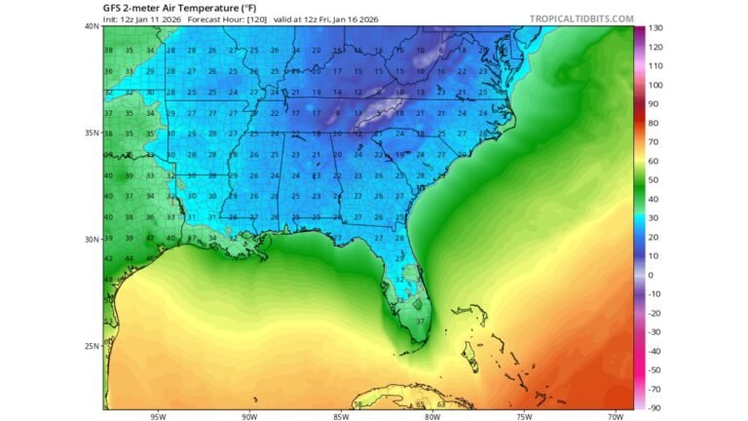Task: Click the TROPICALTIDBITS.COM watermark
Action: (582, 19)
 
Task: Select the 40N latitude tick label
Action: (92, 26)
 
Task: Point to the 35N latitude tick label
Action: (92, 133)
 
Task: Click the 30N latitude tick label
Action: (92, 239)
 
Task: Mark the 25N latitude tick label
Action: (92, 345)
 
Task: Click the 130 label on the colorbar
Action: (656, 28)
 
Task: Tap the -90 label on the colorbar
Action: (656, 407)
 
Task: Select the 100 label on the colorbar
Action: (656, 85)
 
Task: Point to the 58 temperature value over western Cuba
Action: (358, 403)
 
